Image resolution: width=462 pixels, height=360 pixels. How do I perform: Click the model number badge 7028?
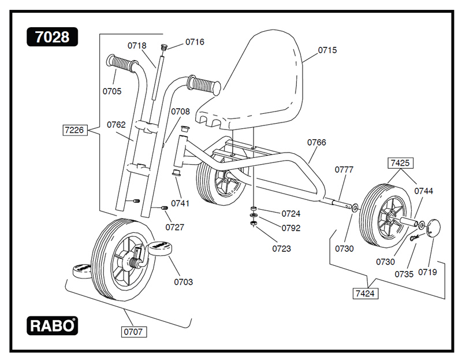(52, 37)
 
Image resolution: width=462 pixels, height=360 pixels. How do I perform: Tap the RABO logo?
(52, 325)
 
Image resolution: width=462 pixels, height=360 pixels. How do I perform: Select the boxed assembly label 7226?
(75, 130)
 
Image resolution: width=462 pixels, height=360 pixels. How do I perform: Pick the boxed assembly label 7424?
(365, 294)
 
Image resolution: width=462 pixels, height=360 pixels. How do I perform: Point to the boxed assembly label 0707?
(133, 332)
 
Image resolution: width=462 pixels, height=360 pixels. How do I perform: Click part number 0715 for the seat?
(327, 51)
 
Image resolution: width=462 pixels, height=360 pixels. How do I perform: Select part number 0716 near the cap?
(195, 42)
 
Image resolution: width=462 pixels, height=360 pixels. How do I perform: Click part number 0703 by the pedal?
(184, 282)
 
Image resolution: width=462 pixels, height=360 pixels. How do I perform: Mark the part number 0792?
(291, 228)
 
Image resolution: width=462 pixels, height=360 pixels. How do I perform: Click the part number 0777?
(344, 170)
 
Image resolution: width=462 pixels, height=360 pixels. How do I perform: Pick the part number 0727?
(175, 227)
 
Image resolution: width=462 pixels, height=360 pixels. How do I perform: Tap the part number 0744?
(424, 191)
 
